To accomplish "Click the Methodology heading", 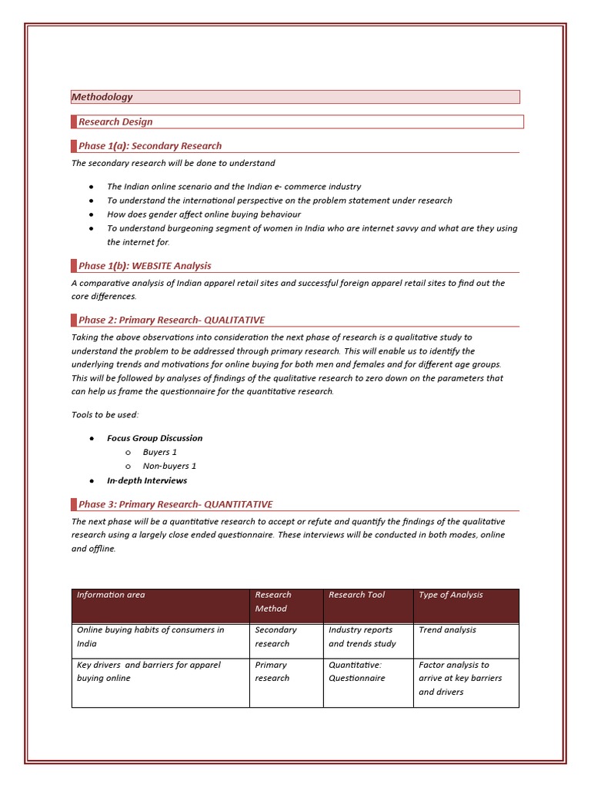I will (102, 97).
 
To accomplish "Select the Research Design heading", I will (115, 121).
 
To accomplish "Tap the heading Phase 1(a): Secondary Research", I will (150, 146).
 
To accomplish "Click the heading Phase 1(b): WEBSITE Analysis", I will (145, 266).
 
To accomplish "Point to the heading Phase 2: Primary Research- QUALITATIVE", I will (172, 320).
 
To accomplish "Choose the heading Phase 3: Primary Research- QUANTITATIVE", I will (175, 504).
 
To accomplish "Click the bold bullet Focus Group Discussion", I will (155, 438).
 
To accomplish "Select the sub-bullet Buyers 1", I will (160, 452).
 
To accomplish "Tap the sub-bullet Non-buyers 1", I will (169, 466).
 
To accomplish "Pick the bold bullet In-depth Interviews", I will (147, 480).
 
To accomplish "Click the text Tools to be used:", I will (105, 415).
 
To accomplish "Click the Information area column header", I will (111, 595).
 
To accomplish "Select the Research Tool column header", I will (357, 595).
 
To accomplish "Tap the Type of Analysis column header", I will (451, 595).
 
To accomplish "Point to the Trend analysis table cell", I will (447, 630).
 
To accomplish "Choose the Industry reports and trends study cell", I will (362, 636).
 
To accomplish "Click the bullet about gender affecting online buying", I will (204, 214).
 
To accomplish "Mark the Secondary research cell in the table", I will (275, 636).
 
